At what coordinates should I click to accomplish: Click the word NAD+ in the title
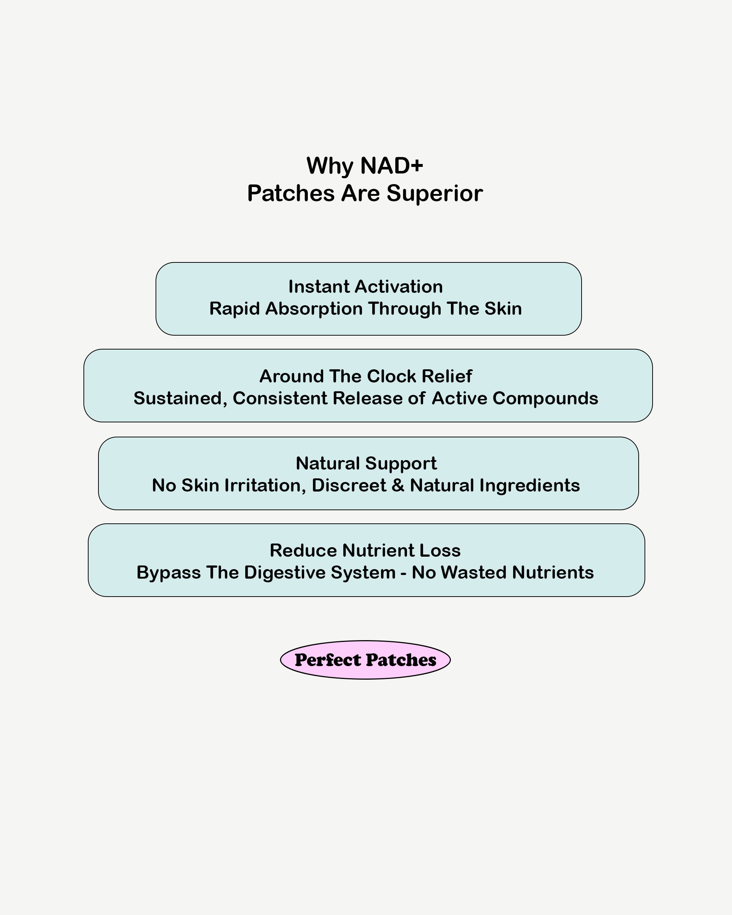[391, 165]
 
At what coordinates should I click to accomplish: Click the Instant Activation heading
[365, 287]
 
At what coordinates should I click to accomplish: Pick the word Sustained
[178, 399]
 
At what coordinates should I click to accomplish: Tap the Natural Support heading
[366, 463]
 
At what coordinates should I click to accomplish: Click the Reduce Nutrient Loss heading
[365, 550]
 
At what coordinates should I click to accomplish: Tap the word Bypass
[168, 573]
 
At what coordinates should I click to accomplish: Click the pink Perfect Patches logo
[365, 660]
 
